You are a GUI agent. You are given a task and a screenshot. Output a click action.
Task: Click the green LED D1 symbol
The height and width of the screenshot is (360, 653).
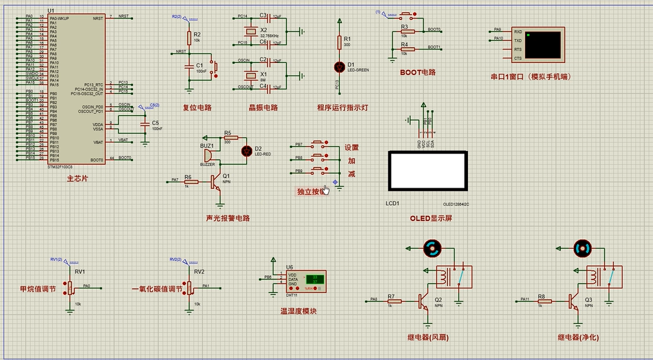point(339,66)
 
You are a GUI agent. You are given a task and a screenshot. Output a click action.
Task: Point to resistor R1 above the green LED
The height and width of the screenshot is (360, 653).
point(339,42)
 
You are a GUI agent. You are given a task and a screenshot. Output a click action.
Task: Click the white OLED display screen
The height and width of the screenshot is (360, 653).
point(427,170)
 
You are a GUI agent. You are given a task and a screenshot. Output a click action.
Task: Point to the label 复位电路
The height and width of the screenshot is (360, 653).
point(197,107)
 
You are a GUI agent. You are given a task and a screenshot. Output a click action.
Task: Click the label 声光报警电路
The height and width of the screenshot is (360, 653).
point(228,218)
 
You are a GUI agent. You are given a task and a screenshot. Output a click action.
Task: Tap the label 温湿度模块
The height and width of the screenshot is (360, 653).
point(298,311)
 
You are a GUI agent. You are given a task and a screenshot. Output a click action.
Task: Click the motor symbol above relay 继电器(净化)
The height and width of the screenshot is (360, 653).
point(582,248)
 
